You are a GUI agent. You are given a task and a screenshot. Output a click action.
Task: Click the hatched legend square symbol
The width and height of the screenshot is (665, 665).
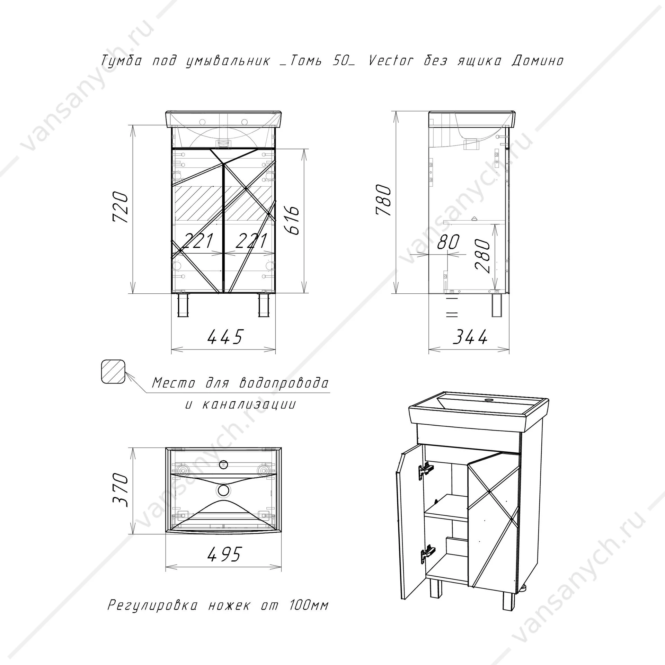(x=113, y=371)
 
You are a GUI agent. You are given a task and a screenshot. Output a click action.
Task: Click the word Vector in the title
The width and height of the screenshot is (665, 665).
(x=391, y=61)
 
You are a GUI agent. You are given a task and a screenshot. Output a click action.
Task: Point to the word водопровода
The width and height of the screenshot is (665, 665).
(x=284, y=383)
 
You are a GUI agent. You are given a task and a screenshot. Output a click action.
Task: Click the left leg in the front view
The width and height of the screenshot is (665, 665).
(x=183, y=305)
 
